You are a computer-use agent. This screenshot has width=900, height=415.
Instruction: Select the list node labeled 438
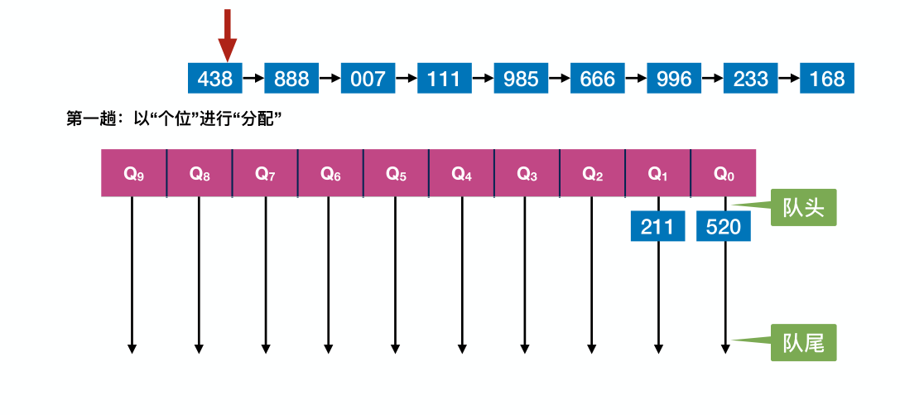(215, 79)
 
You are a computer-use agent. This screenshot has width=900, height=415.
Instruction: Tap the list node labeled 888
(291, 79)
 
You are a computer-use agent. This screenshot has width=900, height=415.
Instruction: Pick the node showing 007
(368, 79)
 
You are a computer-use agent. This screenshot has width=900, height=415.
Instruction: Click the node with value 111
(445, 79)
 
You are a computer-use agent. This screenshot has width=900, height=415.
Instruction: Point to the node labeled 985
(521, 79)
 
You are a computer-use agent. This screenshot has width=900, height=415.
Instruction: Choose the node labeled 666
(598, 79)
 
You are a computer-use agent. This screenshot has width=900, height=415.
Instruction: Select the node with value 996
(674, 79)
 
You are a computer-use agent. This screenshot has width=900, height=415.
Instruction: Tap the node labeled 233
(751, 79)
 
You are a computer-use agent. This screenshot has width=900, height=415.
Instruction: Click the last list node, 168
(827, 79)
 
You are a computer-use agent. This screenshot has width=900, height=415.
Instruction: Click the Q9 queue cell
(134, 173)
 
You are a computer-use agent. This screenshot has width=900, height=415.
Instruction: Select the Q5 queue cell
(396, 173)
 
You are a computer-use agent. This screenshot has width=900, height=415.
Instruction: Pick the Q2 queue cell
(592, 173)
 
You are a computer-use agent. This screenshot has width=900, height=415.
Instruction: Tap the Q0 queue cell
(724, 173)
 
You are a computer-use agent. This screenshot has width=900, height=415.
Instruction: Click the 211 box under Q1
(657, 226)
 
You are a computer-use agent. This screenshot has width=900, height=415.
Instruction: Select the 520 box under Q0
(724, 226)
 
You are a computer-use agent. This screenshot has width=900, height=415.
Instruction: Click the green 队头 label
(802, 208)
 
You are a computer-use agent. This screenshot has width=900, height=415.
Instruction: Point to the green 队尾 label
(802, 342)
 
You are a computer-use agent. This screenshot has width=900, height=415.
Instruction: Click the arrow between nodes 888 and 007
(330, 79)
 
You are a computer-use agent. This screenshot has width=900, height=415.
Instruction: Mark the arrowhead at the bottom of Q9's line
(132, 349)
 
